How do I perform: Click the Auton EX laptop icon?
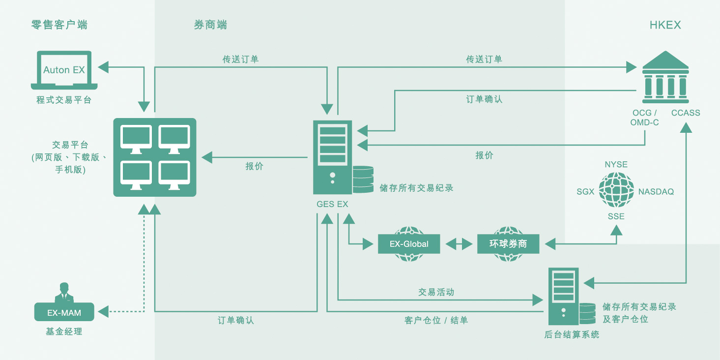64,70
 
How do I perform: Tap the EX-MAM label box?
64,312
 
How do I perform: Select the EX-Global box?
408,244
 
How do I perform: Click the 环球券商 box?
508,244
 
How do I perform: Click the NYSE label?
616,165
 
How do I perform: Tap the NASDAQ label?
656,192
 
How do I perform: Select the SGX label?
585,192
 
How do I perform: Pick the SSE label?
616,216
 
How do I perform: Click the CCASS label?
686,113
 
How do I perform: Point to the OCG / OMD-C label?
644,118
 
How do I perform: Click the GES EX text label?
332,204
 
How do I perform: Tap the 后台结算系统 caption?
572,335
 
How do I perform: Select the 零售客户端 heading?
59,25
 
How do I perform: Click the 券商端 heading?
210,25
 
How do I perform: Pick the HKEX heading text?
665,25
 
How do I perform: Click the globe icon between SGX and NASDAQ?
616,190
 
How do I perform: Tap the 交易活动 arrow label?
436,292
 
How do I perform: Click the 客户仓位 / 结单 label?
436,321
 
